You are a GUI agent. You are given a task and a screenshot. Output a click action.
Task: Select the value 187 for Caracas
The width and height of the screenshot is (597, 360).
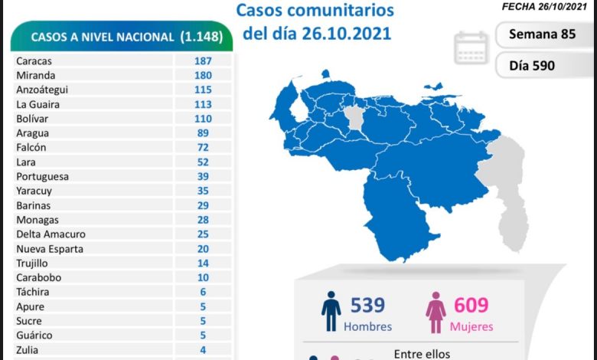point(203,61)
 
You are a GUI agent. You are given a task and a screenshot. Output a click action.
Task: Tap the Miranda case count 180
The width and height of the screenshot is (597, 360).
point(203,75)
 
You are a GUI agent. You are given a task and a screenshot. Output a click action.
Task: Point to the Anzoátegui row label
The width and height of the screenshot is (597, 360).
point(42,90)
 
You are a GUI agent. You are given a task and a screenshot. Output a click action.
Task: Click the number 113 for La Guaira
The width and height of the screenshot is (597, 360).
point(203,104)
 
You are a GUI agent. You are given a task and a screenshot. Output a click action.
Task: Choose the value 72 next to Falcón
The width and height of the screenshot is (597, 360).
point(203,147)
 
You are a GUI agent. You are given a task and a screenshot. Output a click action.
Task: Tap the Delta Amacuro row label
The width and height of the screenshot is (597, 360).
point(51,234)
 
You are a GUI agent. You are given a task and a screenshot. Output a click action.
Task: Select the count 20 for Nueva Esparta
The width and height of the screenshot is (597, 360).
point(203,249)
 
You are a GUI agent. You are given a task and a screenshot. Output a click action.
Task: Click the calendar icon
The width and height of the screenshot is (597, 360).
point(471,47)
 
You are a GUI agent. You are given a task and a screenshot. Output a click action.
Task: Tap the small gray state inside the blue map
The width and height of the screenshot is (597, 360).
point(353,119)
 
